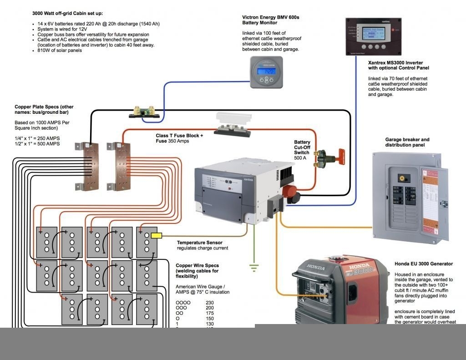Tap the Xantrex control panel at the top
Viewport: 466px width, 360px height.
(373, 38)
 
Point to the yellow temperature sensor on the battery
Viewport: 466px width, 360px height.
(156, 235)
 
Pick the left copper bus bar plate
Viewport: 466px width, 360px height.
(87, 166)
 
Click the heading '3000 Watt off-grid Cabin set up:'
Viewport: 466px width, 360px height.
(67, 13)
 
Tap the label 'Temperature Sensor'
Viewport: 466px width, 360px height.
(200, 243)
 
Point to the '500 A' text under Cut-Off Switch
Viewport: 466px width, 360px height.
(301, 158)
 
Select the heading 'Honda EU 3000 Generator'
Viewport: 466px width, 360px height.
(423, 264)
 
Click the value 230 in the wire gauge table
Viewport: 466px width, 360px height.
(210, 303)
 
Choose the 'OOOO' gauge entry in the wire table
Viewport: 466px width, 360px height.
(183, 303)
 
